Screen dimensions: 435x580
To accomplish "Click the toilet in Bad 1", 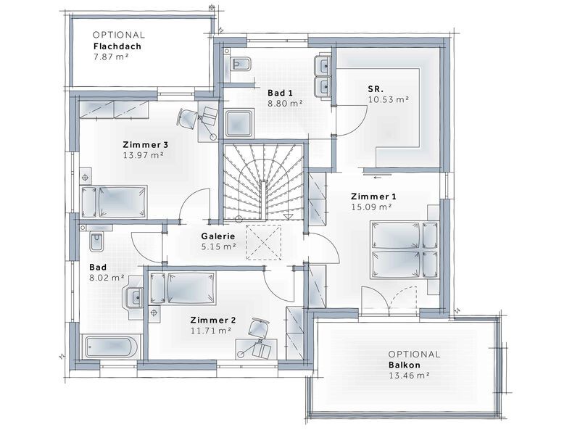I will pos(238,65).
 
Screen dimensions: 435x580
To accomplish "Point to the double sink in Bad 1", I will pos(322,78).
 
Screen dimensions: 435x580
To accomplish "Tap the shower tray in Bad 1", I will pos(239,123).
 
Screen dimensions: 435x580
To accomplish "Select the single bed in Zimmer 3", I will pos(116,201).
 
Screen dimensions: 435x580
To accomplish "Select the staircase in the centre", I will pos(261,181).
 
